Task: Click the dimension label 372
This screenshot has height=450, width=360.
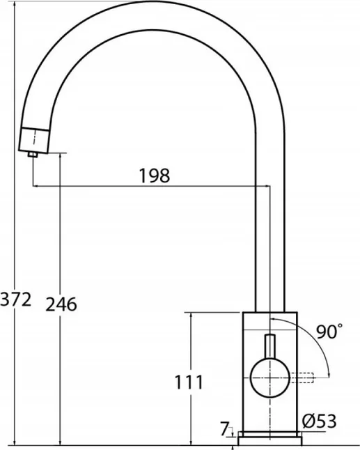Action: [15, 300]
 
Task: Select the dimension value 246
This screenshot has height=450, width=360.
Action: [61, 304]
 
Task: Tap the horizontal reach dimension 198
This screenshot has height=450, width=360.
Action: [155, 176]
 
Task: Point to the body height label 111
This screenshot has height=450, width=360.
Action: [189, 382]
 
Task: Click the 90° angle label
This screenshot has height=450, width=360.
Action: [329, 332]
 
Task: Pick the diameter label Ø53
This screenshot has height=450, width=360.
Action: [320, 421]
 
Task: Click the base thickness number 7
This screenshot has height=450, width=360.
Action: [224, 429]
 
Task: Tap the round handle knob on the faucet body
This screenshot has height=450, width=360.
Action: [270, 378]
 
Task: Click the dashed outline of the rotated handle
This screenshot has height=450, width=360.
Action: [302, 378]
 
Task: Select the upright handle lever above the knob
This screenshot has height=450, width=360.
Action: [270, 347]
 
